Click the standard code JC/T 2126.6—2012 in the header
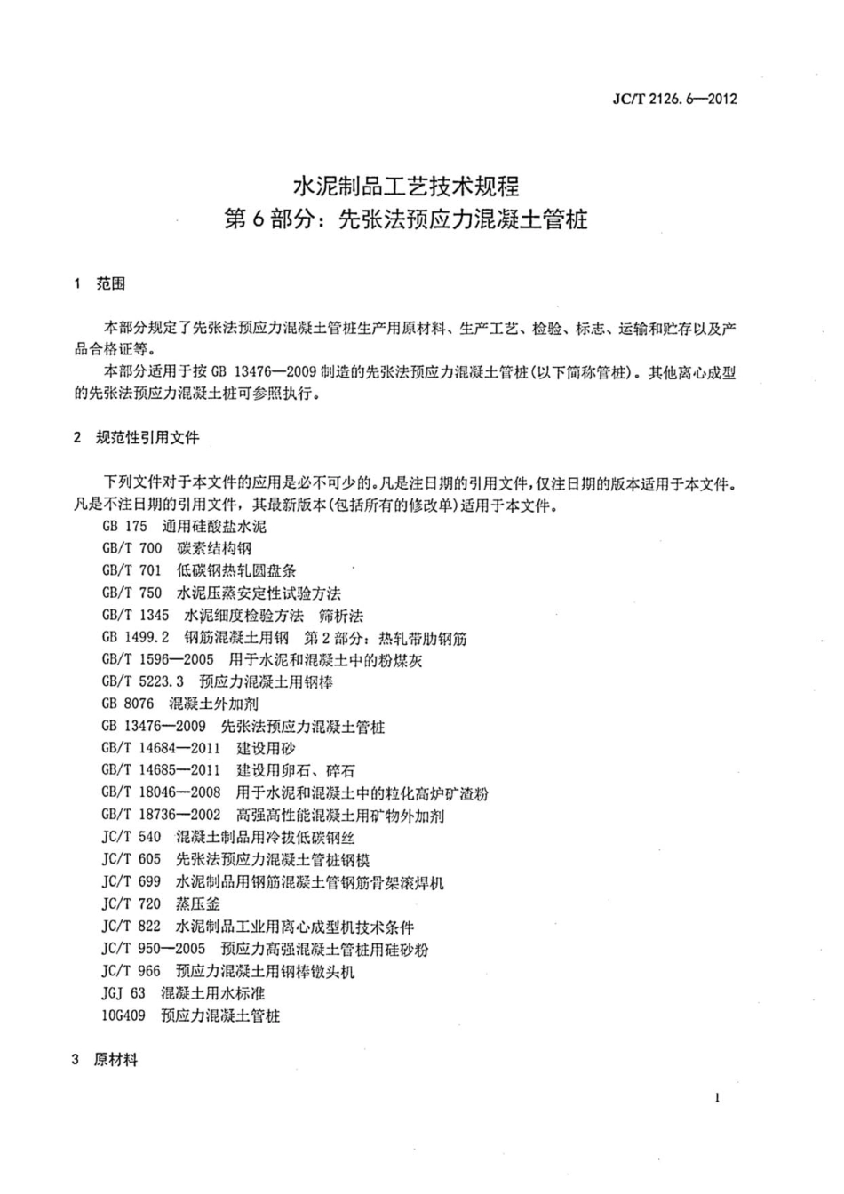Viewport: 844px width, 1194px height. point(675,99)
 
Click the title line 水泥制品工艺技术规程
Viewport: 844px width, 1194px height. point(406,187)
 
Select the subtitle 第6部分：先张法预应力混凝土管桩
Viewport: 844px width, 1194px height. point(406,219)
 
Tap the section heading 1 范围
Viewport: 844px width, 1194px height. point(100,283)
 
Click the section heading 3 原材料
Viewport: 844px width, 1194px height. point(105,1060)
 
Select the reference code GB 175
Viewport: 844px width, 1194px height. point(124,527)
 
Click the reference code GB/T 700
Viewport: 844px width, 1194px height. point(131,549)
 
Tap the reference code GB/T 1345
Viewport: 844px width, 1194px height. point(135,616)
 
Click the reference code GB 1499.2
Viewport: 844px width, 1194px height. point(135,638)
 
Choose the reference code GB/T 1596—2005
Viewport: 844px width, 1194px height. point(157,660)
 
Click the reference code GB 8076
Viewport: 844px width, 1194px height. point(128,704)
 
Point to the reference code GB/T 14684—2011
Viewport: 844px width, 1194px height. point(161,749)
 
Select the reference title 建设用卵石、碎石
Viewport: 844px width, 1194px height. point(295,771)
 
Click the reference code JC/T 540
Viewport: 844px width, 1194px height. point(131,838)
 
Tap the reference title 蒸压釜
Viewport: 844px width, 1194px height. point(198,904)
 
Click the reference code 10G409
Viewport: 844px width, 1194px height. point(123,1015)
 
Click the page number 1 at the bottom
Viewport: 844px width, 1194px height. point(717,1098)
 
